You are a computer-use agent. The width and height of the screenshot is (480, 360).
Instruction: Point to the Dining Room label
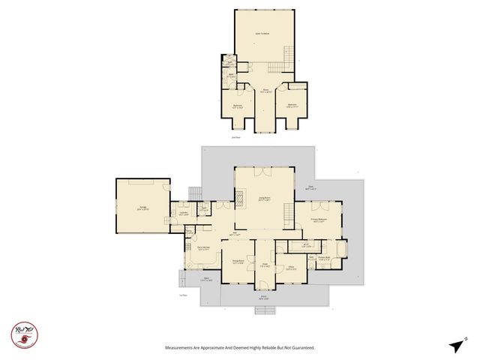[237, 263]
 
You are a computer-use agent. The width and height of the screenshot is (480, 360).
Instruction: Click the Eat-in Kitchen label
[202, 248]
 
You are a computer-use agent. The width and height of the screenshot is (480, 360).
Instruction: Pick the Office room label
[289, 268]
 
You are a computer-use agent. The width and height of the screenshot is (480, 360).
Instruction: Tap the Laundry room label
[182, 214]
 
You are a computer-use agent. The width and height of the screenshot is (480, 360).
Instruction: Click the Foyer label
[264, 265]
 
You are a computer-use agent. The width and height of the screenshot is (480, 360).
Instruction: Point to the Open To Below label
[262, 34]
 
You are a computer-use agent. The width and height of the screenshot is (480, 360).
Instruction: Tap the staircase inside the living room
[286, 217]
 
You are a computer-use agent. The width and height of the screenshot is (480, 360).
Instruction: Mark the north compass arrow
[457, 345]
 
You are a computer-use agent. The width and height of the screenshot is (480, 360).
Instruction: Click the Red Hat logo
[25, 334]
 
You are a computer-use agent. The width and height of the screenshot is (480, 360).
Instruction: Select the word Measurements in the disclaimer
[184, 348]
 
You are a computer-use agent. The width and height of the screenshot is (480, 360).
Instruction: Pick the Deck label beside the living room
[312, 187]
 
